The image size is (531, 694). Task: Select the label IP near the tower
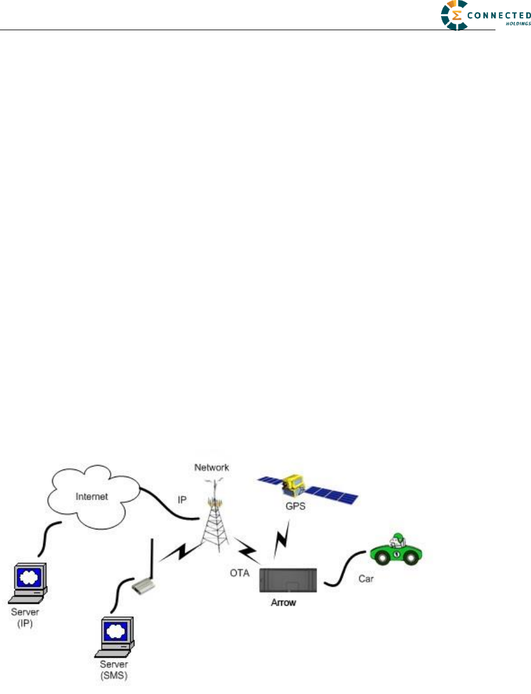(x=183, y=500)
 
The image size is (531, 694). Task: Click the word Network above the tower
(x=212, y=468)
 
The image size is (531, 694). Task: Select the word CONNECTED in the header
(x=499, y=16)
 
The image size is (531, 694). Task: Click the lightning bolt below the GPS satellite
(x=282, y=541)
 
